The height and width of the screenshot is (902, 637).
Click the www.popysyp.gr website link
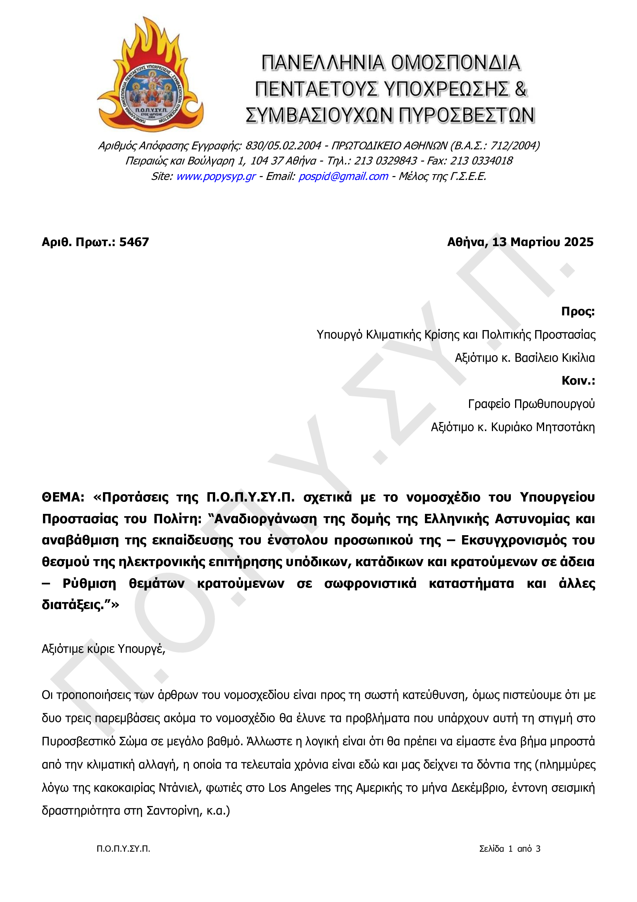coord(216,176)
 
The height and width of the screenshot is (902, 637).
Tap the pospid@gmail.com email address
coord(343,176)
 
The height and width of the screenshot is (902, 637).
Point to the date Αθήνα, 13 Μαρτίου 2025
coord(520,242)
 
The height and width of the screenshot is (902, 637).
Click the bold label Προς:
coord(578,312)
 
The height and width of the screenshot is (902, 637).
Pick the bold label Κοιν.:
coord(578,381)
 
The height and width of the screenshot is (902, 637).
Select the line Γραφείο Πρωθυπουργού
coord(531,404)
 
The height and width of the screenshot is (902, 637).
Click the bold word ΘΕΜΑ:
coord(63,497)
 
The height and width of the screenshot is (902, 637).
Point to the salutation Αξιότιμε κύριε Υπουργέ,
coord(103,649)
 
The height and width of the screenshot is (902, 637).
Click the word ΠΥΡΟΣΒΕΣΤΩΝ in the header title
coord(466,115)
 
